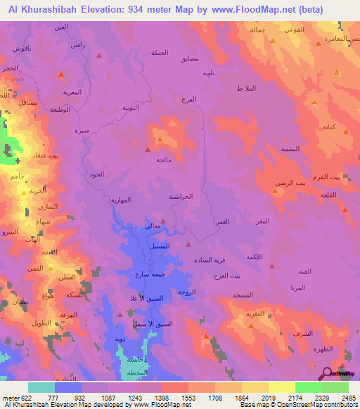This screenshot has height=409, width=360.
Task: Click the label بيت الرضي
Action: (292, 182)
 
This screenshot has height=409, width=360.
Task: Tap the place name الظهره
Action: (321, 349)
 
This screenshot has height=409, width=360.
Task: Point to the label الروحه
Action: (186, 291)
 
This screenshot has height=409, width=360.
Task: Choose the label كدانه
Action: (328, 127)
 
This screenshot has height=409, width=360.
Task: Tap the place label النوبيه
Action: (132, 108)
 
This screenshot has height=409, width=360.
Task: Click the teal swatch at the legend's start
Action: (41, 387)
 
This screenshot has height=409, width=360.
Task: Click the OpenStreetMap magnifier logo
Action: (326, 373)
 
